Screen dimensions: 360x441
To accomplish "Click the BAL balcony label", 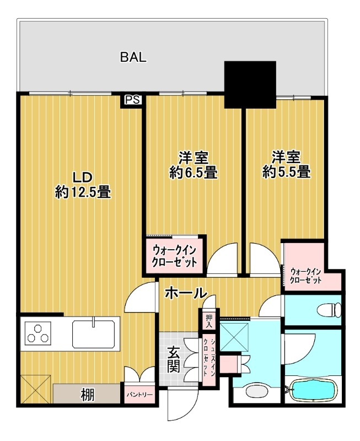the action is [x=133, y=57].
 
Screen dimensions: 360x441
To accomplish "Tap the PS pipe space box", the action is [x=132, y=100].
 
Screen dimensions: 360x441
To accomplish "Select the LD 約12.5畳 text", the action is [x=83, y=185].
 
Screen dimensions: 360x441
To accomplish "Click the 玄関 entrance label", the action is [x=174, y=359].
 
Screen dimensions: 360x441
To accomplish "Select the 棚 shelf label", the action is [x=88, y=394].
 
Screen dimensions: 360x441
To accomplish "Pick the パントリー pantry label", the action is [x=139, y=395].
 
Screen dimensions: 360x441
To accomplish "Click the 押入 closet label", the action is [x=209, y=321].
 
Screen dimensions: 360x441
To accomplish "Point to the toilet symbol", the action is [x=329, y=310].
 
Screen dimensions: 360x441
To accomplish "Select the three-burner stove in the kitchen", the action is [x=38, y=334].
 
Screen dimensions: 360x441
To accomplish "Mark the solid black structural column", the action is [x=250, y=84].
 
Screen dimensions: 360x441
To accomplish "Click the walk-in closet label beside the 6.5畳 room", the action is [x=174, y=256].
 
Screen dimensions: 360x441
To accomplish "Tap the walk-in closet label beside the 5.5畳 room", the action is [x=305, y=276].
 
